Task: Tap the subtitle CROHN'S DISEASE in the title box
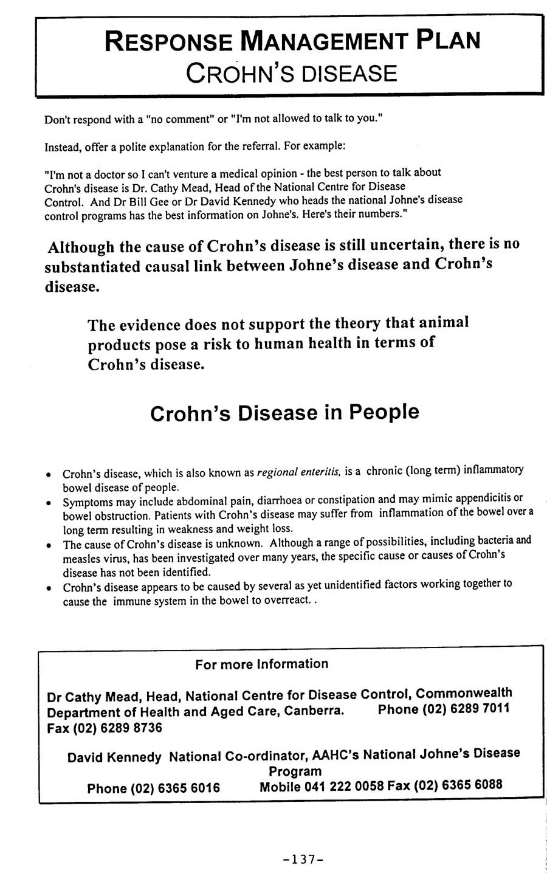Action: [291, 73]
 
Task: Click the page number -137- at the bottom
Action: [301, 859]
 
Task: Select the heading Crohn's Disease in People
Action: [284, 413]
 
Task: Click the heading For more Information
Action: [261, 664]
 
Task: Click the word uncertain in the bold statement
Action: [393, 245]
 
